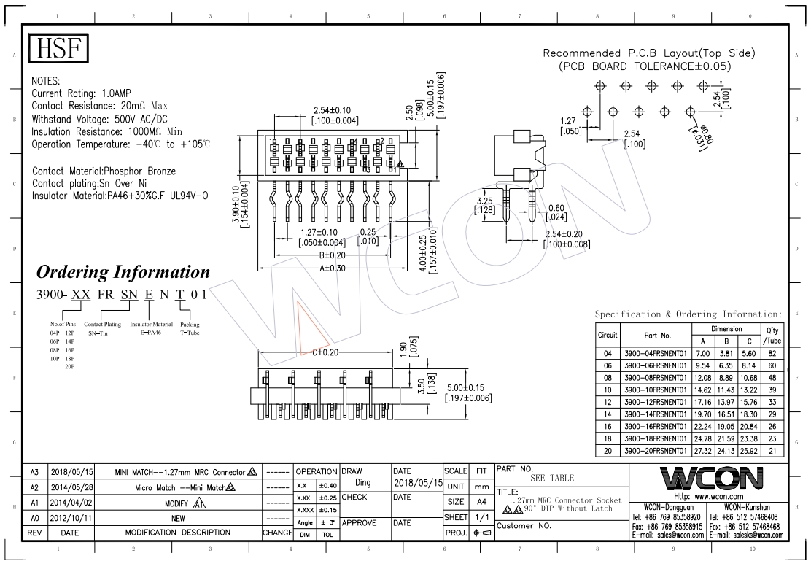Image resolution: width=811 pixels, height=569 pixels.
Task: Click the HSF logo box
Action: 58,49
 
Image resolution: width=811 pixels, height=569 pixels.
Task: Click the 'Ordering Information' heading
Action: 123,272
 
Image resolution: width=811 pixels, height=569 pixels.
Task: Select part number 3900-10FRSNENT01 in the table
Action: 656,390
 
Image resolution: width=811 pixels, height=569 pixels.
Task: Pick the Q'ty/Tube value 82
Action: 772,352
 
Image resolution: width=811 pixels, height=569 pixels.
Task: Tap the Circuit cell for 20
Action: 608,451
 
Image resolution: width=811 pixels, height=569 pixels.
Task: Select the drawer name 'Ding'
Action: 362,483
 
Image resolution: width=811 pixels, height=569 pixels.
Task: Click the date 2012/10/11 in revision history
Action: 70,519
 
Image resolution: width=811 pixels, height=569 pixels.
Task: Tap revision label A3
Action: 34,471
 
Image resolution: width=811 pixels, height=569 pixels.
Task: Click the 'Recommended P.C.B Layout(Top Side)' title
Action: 649,53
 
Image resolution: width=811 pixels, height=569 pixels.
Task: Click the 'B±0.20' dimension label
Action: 333,255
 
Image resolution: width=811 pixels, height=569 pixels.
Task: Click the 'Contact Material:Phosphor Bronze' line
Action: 104,171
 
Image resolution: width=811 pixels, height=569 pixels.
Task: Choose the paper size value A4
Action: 481,502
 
